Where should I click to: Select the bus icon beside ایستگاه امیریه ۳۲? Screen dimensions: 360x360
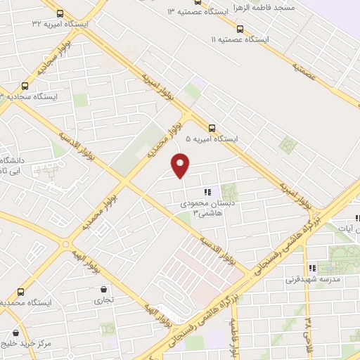59,13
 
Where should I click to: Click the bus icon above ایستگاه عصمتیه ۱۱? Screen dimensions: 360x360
240,29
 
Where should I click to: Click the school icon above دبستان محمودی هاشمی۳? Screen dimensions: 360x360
207,192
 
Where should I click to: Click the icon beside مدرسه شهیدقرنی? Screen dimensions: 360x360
311,267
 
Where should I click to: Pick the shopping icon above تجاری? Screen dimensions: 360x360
104,289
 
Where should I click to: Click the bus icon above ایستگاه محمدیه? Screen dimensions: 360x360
20,291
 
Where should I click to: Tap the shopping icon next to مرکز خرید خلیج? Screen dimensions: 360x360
15,333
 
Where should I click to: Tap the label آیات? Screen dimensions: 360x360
349,229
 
